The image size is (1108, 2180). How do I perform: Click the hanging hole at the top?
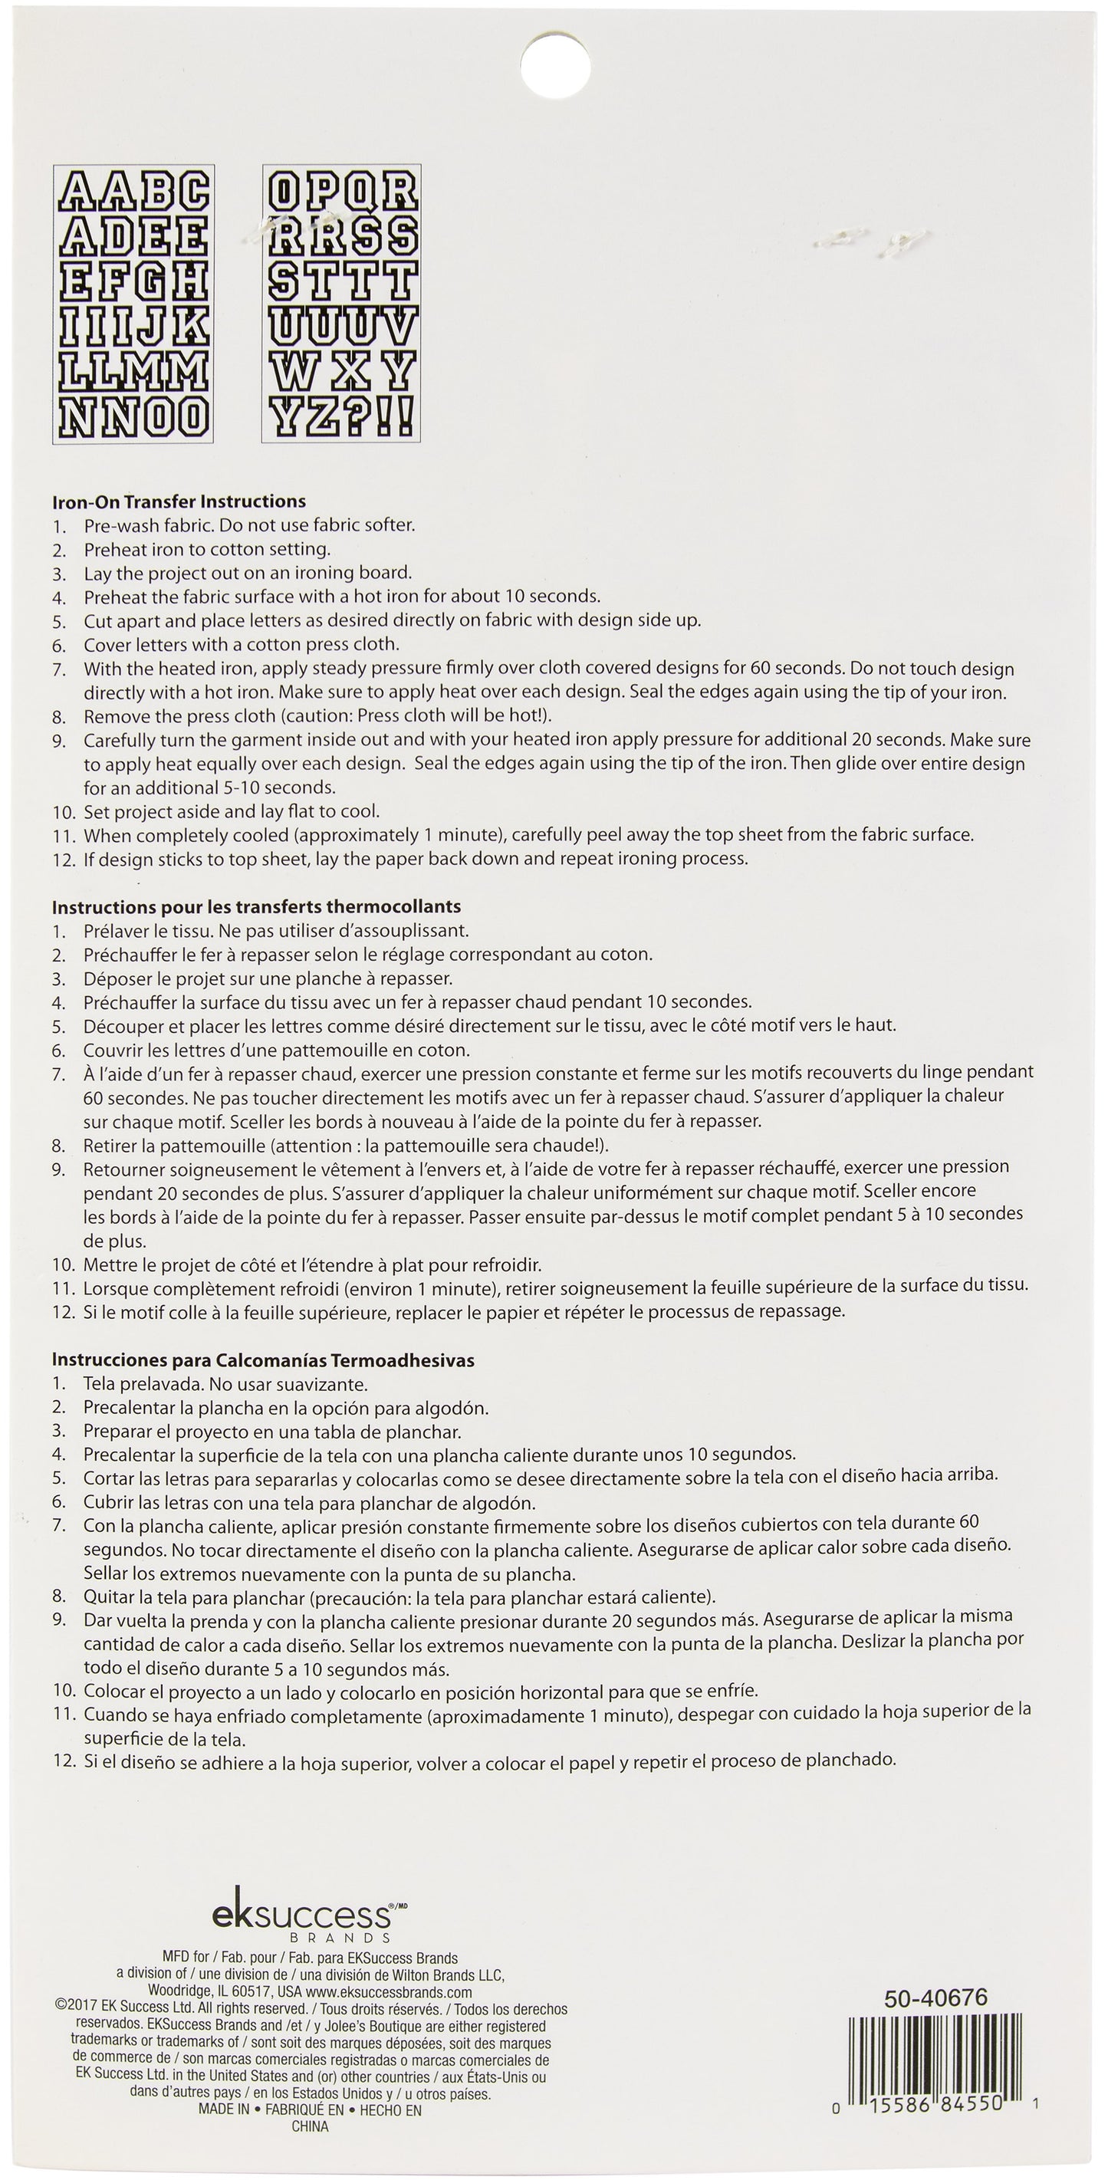tap(554, 64)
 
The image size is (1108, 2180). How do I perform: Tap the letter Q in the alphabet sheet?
tap(359, 192)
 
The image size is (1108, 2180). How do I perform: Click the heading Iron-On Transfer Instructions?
tap(179, 501)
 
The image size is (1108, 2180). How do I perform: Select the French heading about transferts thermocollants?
tap(255, 906)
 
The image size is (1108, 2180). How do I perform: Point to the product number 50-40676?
tap(935, 1998)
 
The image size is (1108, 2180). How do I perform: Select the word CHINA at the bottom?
tap(310, 2126)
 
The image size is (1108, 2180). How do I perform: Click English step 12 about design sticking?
tap(415, 859)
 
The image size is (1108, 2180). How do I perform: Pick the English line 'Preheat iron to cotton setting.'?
tap(206, 549)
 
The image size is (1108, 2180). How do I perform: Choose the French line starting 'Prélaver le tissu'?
tap(275, 931)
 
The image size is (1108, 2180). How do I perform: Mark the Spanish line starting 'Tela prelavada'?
tap(225, 1385)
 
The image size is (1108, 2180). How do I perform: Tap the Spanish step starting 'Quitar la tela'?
tap(398, 1597)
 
